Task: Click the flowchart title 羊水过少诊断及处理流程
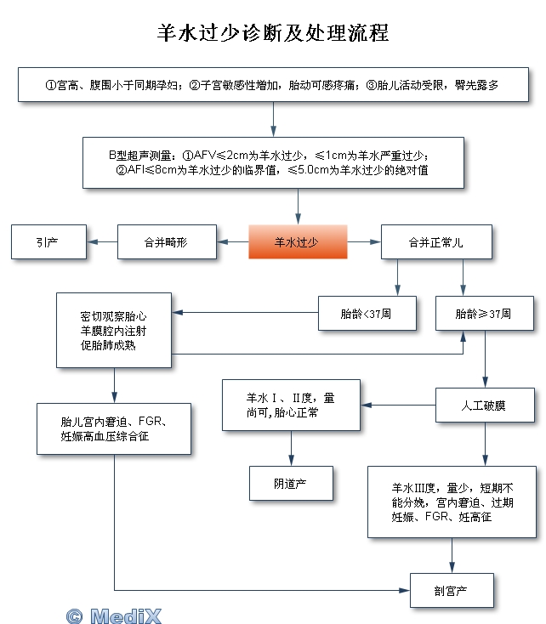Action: pyautogui.click(x=273, y=32)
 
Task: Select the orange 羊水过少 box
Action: pyautogui.click(x=298, y=242)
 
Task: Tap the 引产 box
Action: pyautogui.click(x=48, y=242)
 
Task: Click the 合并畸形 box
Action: pyautogui.click(x=167, y=242)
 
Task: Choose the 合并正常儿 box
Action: pyautogui.click(x=436, y=242)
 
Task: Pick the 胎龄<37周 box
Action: pyautogui.click(x=367, y=314)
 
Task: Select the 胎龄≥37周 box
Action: pyautogui.click(x=485, y=314)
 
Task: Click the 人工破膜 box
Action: pyautogui.click(x=485, y=406)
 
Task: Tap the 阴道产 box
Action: pyautogui.click(x=291, y=483)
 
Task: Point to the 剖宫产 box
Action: pyautogui.click(x=452, y=591)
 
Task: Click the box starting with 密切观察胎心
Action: pyautogui.click(x=114, y=331)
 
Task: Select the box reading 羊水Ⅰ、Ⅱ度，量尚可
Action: pyautogui.click(x=291, y=406)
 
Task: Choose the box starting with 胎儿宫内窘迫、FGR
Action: pyautogui.click(x=114, y=429)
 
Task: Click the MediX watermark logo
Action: pyautogui.click(x=114, y=616)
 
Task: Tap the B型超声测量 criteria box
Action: pyautogui.click(x=273, y=162)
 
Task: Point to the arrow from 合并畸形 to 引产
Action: pyautogui.click(x=102, y=242)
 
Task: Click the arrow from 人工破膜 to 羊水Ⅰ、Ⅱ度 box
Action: pyautogui.click(x=398, y=406)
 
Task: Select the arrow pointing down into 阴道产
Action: pyautogui.click(x=291, y=448)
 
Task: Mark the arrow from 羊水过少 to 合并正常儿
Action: pyautogui.click(x=364, y=242)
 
